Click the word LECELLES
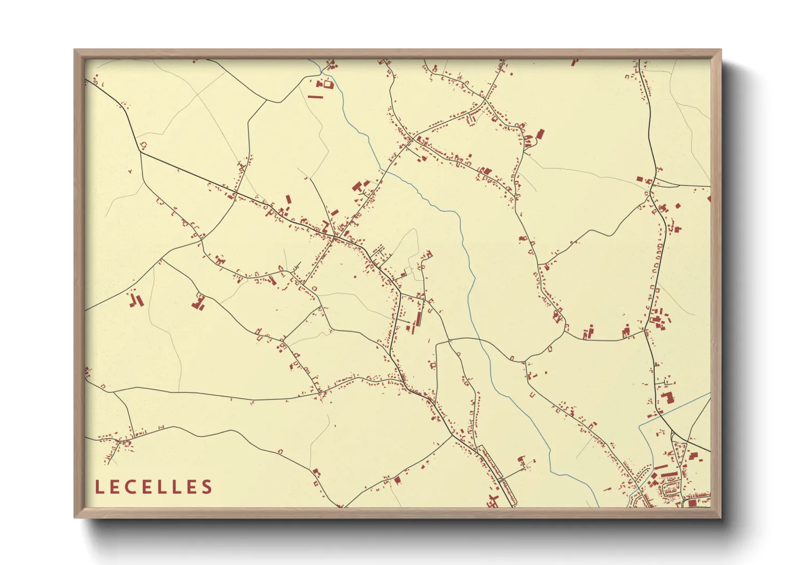(154, 487)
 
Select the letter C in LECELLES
(130, 487)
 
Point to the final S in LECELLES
(207, 487)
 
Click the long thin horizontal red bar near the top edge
(315, 97)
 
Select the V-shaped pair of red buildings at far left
(136, 300)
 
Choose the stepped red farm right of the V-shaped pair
(199, 303)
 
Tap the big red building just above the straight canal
(666, 398)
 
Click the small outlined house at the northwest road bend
(143, 145)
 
